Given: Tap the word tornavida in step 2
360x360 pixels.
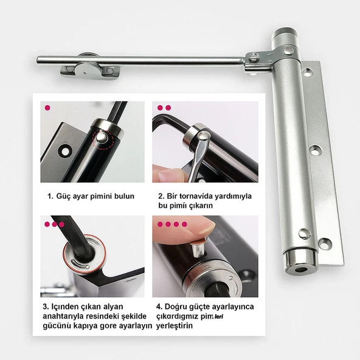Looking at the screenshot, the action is pos(196,196).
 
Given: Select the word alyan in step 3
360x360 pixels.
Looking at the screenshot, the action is pos(113,307).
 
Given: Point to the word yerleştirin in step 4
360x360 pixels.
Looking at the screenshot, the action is pos(175,326).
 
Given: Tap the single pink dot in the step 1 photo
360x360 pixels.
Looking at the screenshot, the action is pos(47,108).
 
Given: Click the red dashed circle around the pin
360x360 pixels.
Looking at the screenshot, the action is pos(103,140).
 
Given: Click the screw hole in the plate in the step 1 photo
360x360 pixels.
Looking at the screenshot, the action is pos(65,151).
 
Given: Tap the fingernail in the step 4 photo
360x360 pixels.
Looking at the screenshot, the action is pos(207,229).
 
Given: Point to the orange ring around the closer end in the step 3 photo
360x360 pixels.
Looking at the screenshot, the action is pos(85,254).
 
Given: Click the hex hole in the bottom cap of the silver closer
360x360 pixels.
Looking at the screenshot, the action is pos(301,269).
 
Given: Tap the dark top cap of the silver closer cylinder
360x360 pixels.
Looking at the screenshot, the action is pos(284,32).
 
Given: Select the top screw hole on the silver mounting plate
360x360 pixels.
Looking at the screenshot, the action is pos(307,72).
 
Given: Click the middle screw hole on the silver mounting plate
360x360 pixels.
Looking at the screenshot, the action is pos(315,150).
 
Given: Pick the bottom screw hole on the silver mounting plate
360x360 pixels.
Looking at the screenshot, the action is pos(325,243).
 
